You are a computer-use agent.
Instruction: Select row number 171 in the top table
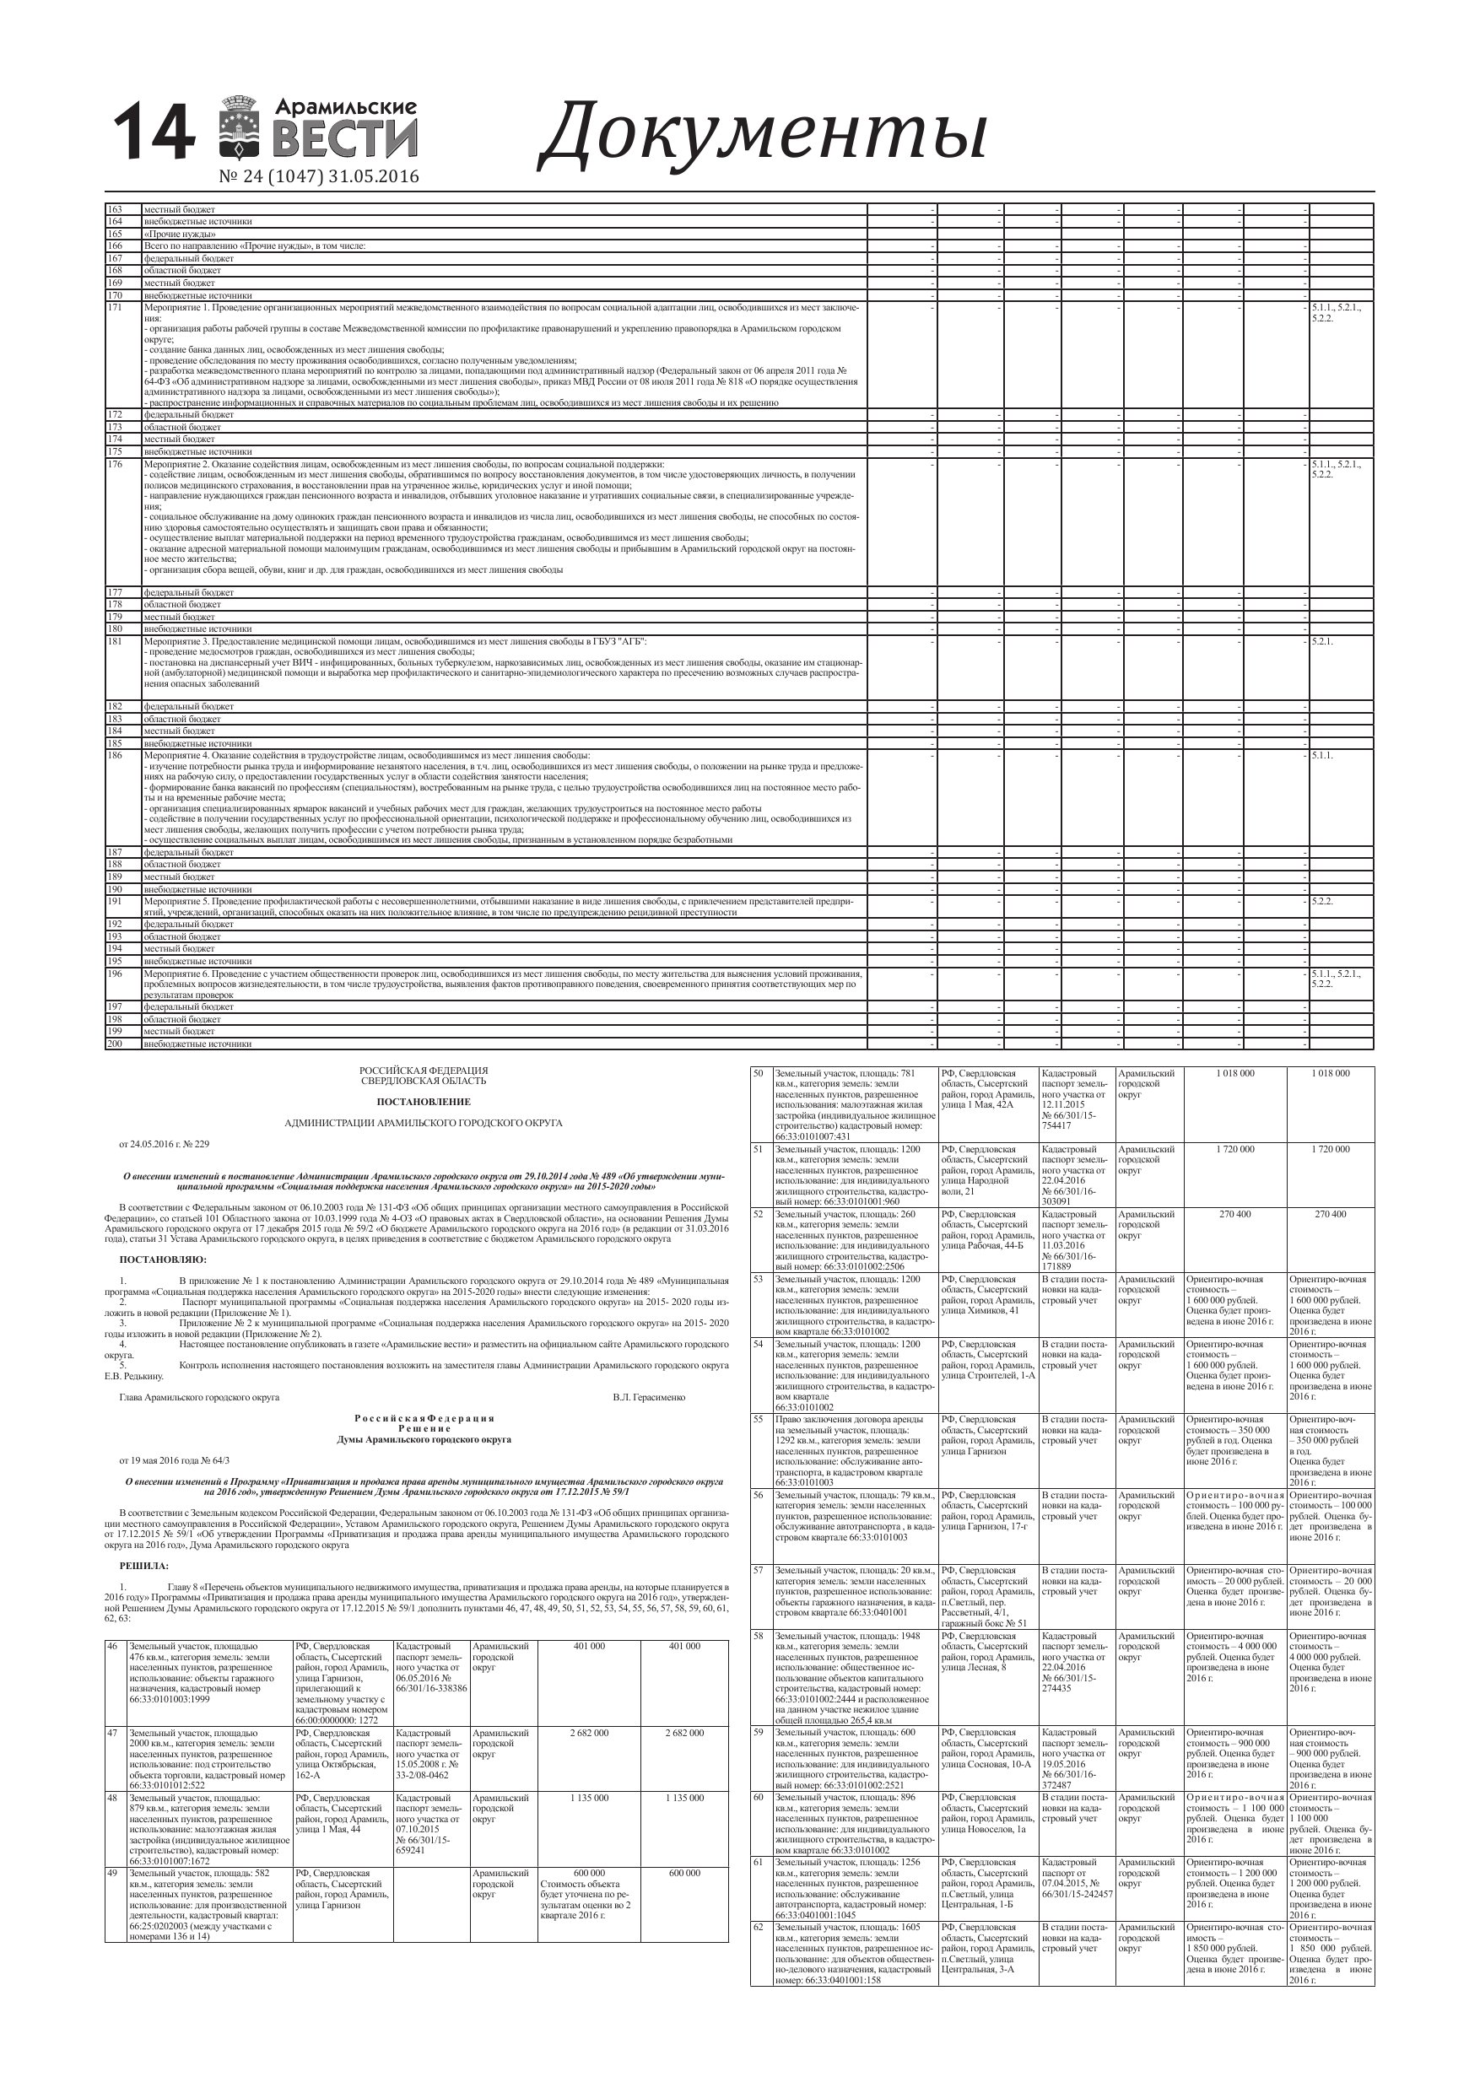point(115,307)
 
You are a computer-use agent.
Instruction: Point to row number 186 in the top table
point(115,755)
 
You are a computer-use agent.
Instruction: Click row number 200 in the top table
point(115,1043)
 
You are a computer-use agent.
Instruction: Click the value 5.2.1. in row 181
point(1322,641)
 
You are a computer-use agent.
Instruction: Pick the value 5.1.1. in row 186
point(1322,755)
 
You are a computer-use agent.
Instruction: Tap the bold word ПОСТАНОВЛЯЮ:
point(163,1260)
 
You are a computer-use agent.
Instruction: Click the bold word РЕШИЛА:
point(144,1565)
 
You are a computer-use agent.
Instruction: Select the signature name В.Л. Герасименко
point(648,1396)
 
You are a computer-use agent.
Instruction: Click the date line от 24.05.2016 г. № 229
point(165,1143)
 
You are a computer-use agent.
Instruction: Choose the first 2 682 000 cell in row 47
point(589,1733)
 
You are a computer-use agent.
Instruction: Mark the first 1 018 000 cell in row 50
point(1234,1073)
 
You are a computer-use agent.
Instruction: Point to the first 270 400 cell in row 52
point(1234,1214)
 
